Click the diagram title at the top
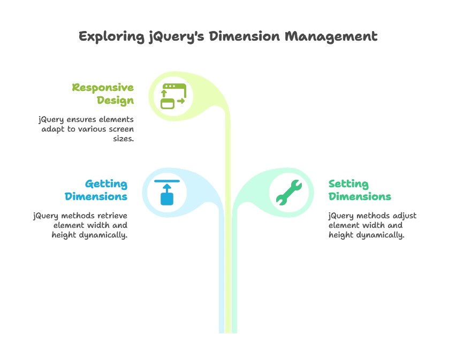pyautogui.click(x=228, y=36)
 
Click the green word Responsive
pyautogui.click(x=104, y=88)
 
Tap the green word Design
pyautogui.click(x=116, y=100)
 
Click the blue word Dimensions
pyautogui.click(x=96, y=196)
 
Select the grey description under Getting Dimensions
pyautogui.click(x=80, y=224)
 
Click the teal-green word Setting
pyautogui.click(x=348, y=183)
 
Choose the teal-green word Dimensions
pyautogui.click(x=360, y=196)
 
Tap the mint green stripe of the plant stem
pyautogui.click(x=234, y=278)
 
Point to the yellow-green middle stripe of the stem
pyautogui.click(x=227, y=278)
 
